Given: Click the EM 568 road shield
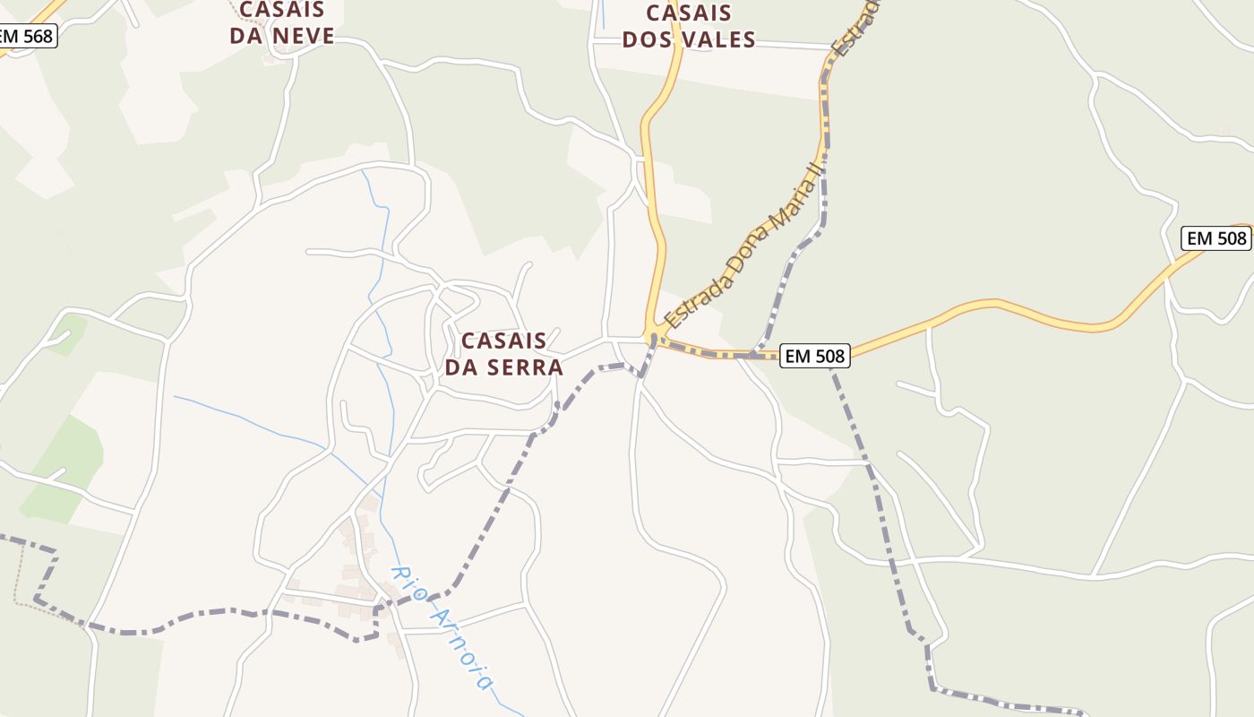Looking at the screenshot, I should (27, 37).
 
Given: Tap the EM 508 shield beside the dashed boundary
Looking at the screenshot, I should (813, 356).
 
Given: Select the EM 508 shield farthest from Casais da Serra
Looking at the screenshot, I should (1215, 238).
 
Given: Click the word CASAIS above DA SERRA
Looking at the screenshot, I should (503, 341).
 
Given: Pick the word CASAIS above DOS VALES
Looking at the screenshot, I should (688, 13).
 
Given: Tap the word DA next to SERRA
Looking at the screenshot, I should (463, 367).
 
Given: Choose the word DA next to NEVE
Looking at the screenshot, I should (247, 36).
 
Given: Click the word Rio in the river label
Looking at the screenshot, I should (406, 581).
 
